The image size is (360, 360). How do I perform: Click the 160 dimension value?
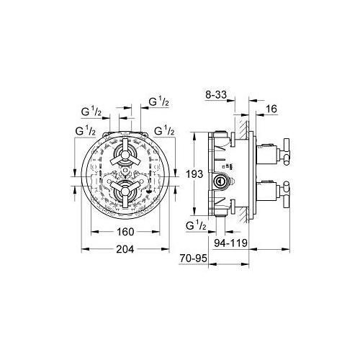point(125,232)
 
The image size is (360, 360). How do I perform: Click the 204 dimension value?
point(125,249)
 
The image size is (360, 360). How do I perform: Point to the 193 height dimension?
point(194,174)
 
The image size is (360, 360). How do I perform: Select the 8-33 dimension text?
point(216,95)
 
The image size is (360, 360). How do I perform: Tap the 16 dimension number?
point(271,109)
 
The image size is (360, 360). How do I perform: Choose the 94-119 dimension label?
point(230,243)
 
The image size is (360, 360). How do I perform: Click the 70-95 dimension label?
point(193,258)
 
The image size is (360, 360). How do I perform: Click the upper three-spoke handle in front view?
point(125,155)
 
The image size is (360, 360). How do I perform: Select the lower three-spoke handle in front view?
point(125,192)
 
